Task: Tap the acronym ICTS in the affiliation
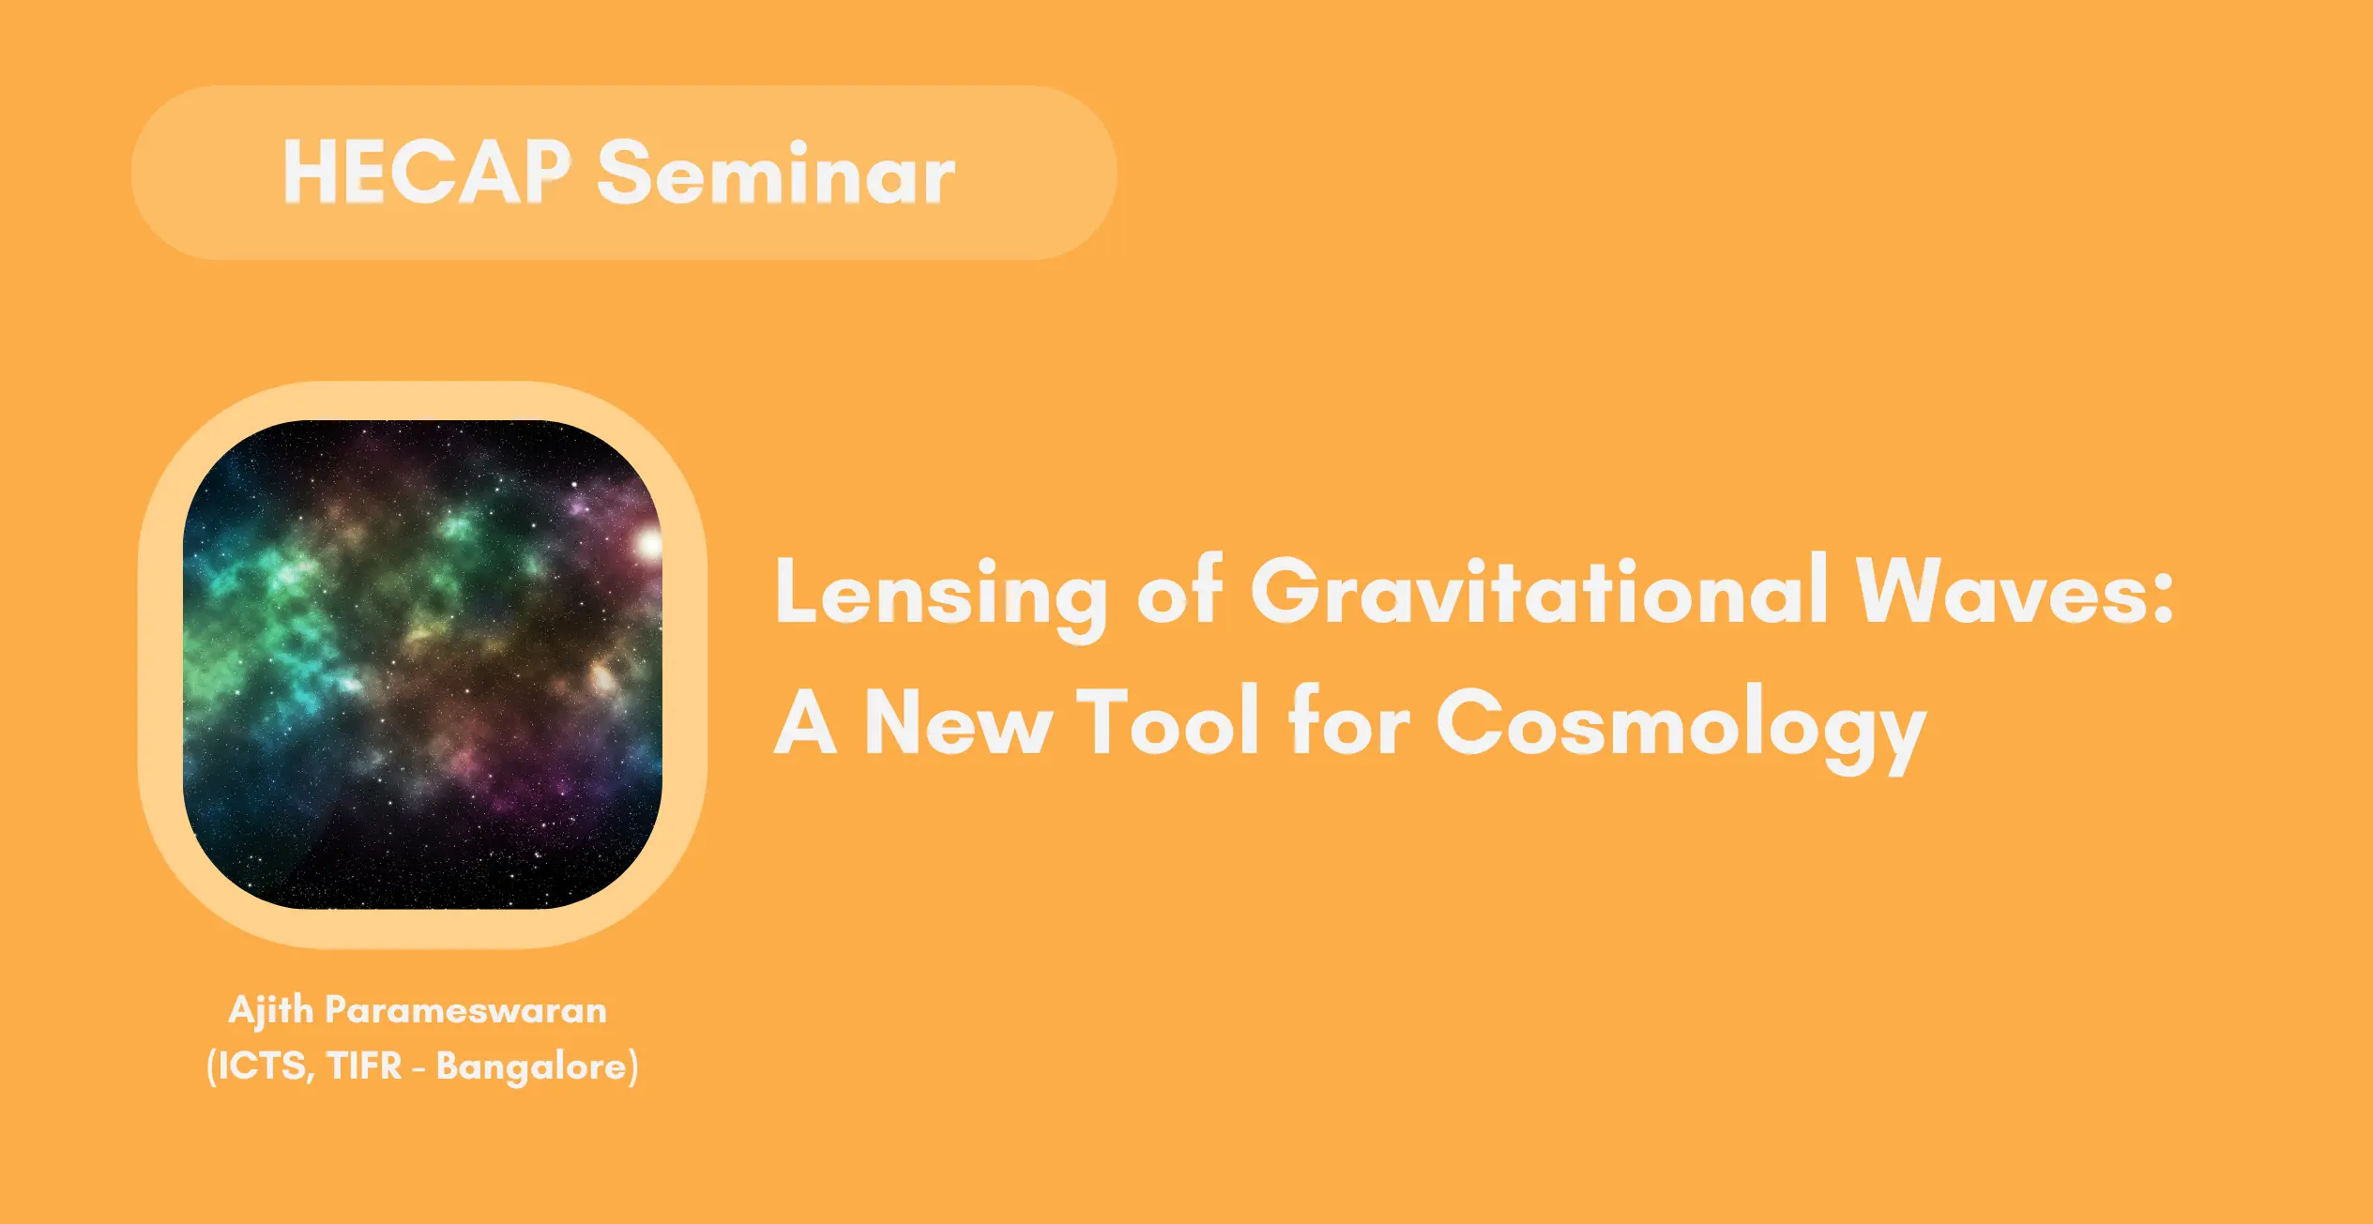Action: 265,1066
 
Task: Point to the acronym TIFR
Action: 365,1065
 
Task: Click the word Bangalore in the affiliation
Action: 531,1067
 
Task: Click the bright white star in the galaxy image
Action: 649,543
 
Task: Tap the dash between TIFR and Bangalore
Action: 419,1068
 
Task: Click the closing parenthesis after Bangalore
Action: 633,1067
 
